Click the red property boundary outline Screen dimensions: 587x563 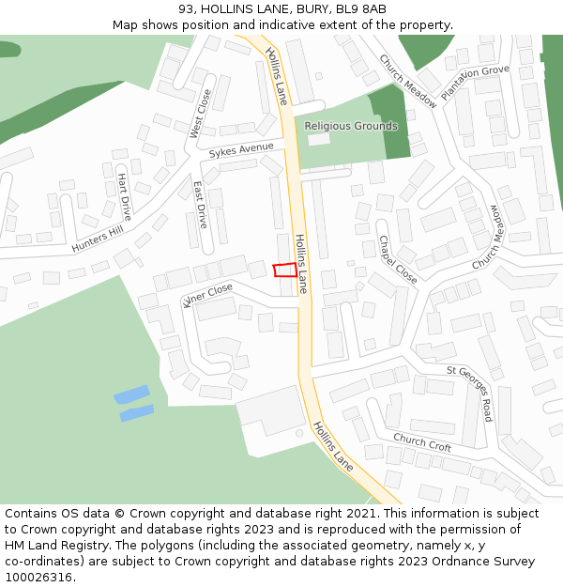click(x=284, y=270)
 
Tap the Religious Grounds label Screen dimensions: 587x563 click(x=351, y=126)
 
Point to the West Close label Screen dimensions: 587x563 click(x=202, y=114)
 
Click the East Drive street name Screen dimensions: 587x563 click(x=200, y=205)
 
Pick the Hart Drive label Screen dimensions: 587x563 click(x=124, y=195)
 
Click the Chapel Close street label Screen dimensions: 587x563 click(x=397, y=259)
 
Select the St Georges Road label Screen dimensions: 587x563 click(x=469, y=394)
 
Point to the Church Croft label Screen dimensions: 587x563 click(x=422, y=441)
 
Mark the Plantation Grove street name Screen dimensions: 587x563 click(x=474, y=82)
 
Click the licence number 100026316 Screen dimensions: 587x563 click(x=40, y=578)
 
